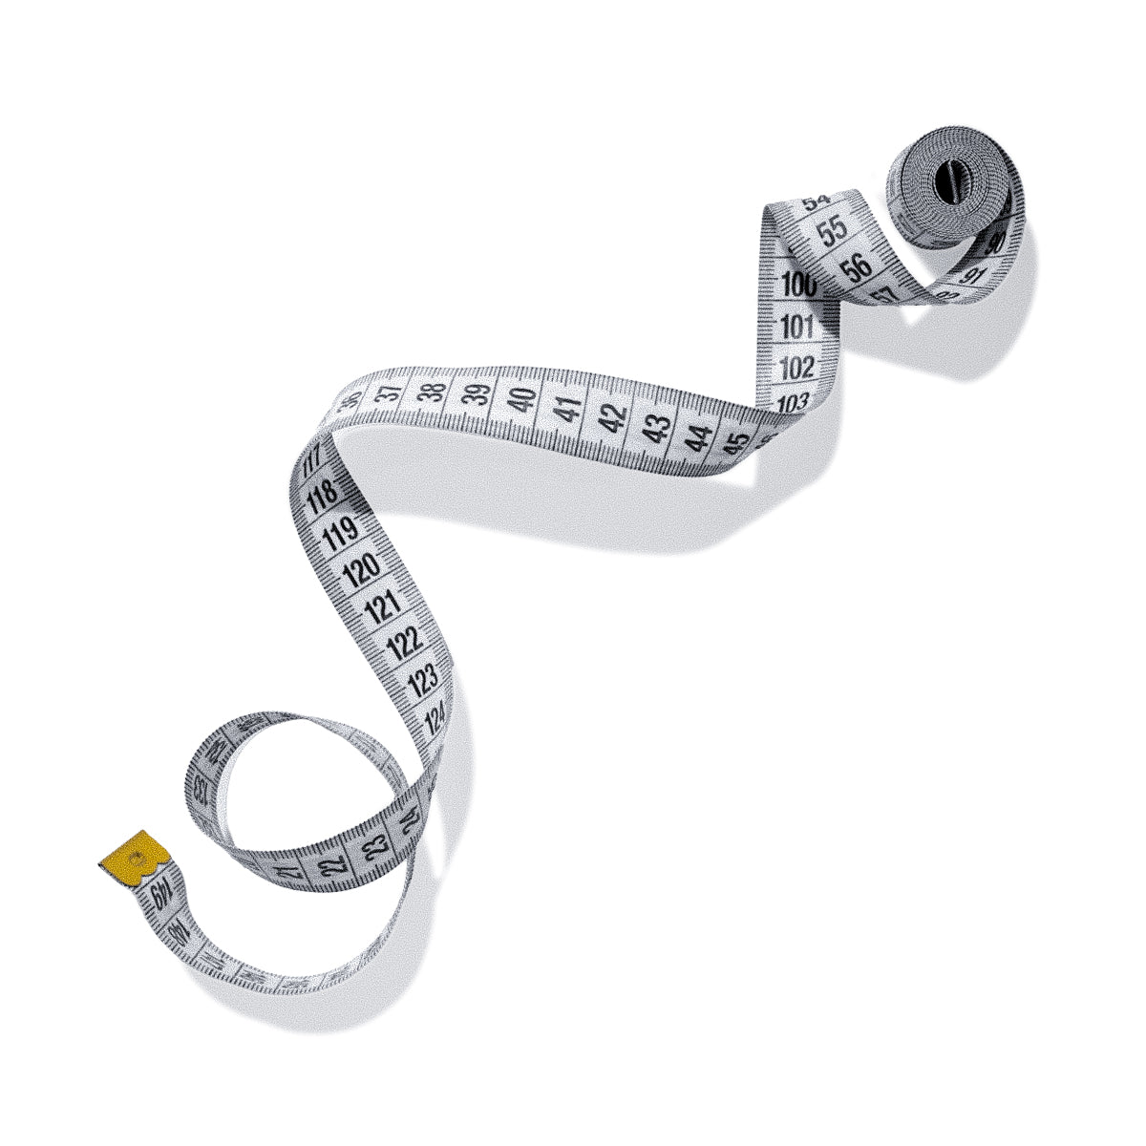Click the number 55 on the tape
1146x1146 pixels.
(834, 230)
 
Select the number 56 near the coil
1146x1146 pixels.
(858, 265)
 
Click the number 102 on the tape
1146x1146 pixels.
(797, 368)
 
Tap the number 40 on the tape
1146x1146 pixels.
(521, 399)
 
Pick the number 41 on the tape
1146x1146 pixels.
(569, 410)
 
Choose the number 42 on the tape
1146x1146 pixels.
(613, 417)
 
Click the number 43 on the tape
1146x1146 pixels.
(656, 428)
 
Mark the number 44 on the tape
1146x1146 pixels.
(701, 438)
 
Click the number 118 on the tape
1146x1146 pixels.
(324, 495)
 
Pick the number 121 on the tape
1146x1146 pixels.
(382, 605)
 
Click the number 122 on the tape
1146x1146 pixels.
(404, 642)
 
